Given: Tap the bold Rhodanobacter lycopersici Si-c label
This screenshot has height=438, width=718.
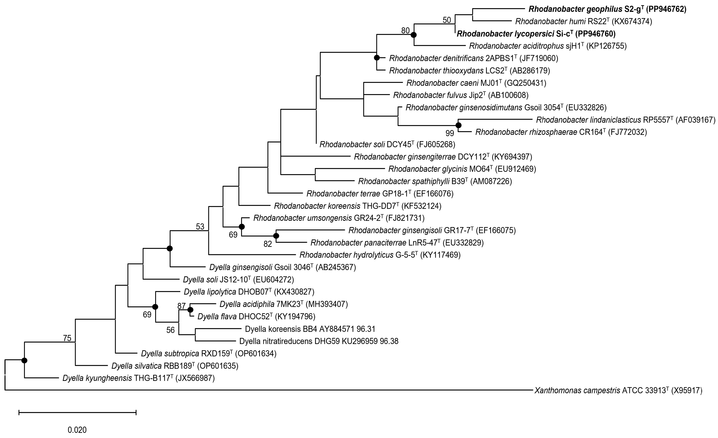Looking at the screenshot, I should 536,34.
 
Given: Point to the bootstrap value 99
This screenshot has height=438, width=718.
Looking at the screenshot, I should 450,133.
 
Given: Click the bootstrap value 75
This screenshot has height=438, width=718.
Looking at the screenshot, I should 67,338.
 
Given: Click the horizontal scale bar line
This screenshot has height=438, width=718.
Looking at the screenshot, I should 77,412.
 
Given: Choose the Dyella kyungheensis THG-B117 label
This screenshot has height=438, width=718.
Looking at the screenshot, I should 138,378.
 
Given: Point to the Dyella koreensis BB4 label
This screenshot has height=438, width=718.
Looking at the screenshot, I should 310,329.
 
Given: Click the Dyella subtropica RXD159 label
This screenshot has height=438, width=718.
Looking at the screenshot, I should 209,354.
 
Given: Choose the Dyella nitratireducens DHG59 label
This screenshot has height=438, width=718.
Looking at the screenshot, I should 319,341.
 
